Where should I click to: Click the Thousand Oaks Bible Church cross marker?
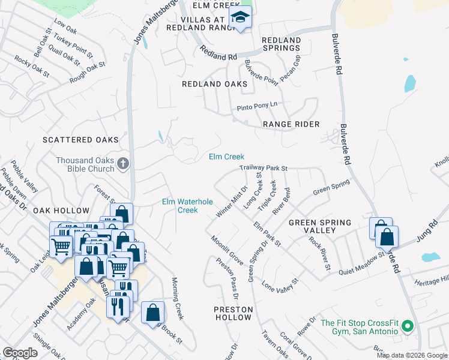(122, 164)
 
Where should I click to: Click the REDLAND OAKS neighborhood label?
(214, 84)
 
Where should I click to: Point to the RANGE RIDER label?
(291, 124)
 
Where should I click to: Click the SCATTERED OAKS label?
(80, 140)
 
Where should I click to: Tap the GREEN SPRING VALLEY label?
(320, 226)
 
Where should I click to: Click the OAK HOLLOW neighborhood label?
(61, 211)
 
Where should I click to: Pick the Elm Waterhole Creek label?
(188, 206)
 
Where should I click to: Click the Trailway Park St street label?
(264, 169)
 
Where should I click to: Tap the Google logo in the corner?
(20, 353)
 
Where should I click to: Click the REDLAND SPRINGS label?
(281, 44)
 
